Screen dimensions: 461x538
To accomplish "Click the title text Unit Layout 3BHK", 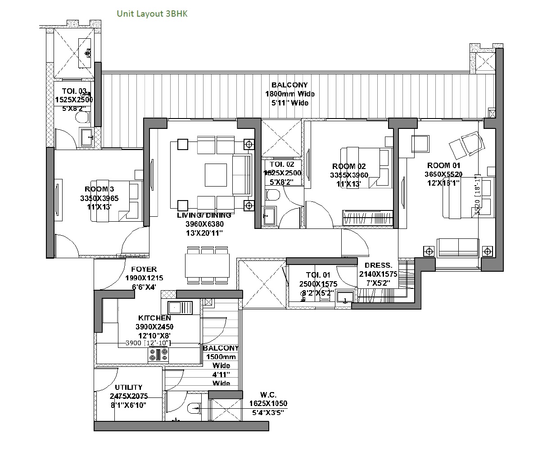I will click(152, 14).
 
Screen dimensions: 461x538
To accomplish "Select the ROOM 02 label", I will click(349, 166).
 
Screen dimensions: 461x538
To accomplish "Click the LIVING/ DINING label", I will click(204, 215).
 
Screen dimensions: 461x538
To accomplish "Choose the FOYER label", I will click(144, 269).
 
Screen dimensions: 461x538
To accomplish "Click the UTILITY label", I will click(128, 387).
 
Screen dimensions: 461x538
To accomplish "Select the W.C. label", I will click(268, 395).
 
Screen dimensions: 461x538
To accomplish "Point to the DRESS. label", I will click(378, 265).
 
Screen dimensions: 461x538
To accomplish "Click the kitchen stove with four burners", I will click(158, 355).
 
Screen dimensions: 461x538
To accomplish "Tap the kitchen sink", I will click(180, 308).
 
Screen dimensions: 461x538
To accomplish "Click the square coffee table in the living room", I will click(216, 174).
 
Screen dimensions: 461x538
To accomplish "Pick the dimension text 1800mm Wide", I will click(290, 94).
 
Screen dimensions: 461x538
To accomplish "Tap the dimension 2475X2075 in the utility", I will click(128, 396).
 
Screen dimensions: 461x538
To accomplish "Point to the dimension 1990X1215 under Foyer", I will click(144, 278).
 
